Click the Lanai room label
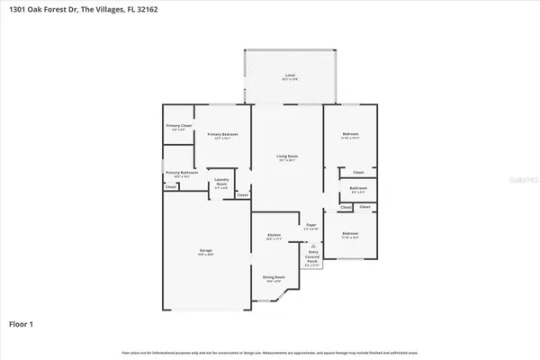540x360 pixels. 290,76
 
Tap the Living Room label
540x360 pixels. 287,157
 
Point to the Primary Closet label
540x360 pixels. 178,127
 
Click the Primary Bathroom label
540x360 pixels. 181,173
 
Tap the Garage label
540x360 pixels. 206,250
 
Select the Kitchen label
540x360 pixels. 274,236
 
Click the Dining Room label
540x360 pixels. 274,278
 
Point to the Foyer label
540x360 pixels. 311,226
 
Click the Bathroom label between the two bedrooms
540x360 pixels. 357,189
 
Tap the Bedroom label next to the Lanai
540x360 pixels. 350,136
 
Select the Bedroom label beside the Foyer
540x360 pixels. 350,234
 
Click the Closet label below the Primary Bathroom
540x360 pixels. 171,188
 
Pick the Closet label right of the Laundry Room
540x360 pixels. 242,194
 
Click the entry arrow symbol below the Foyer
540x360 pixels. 311,244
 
